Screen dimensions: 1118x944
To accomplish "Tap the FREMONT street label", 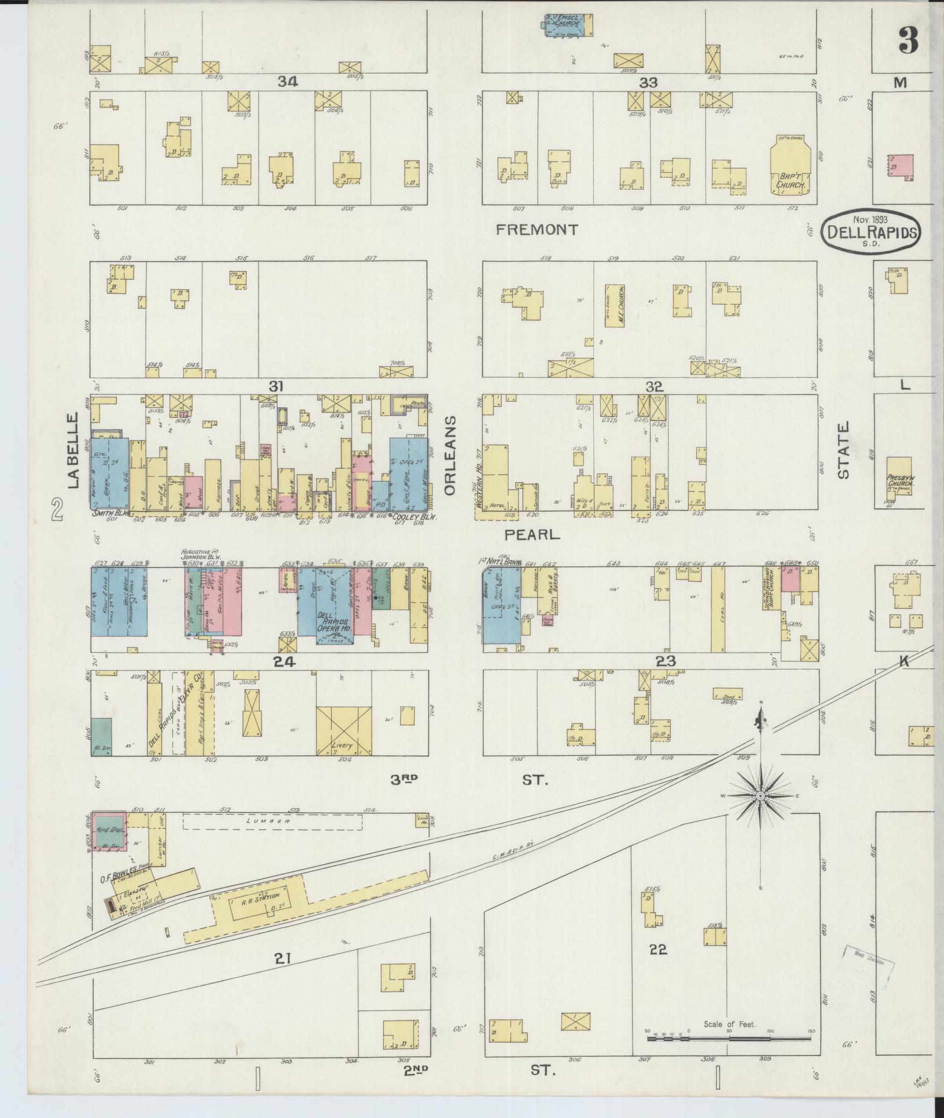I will (x=537, y=230).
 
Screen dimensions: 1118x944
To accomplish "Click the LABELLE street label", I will (x=73, y=451).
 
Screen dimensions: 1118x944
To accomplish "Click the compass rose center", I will (x=759, y=797).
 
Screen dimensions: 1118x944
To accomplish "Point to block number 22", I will (x=659, y=949).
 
